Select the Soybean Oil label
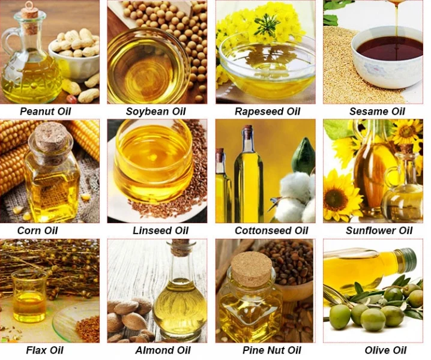pos(156,111)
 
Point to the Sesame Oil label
pos(377,111)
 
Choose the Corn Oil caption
pos(38,230)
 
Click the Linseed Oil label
pos(160,230)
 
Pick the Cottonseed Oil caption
pos(271,230)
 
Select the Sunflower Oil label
pos(379,230)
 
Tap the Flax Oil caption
pos(45,350)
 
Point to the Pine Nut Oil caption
pos(272,350)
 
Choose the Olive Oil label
pos(385,350)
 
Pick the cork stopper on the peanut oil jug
pos(29,10)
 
